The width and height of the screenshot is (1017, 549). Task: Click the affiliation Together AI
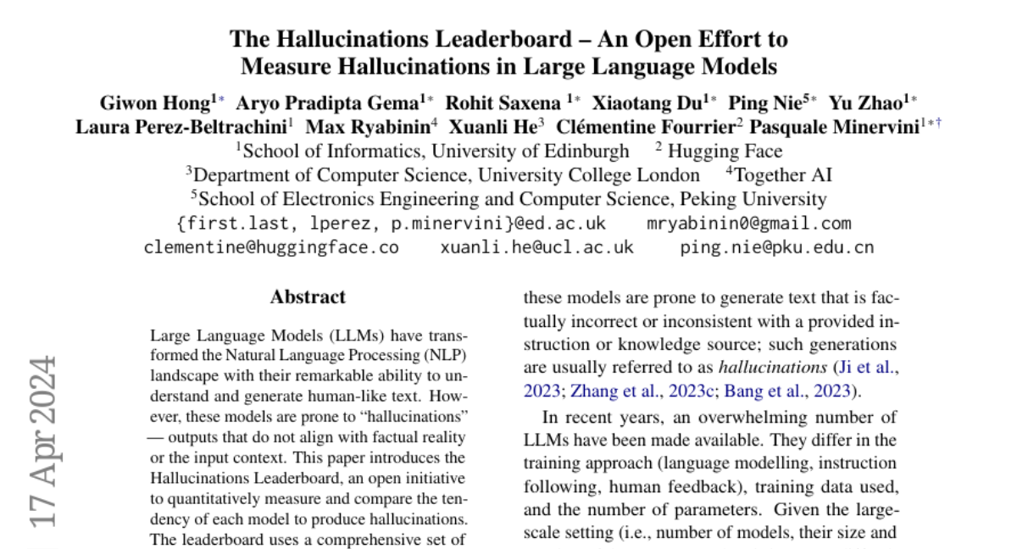click(x=783, y=175)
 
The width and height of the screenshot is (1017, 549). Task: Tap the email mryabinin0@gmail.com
click(x=748, y=224)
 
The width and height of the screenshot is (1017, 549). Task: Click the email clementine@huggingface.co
click(x=271, y=247)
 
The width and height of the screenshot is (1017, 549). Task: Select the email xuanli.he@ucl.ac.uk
click(x=536, y=247)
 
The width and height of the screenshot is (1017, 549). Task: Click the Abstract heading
click(x=308, y=297)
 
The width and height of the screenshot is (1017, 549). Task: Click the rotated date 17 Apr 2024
click(x=42, y=441)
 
